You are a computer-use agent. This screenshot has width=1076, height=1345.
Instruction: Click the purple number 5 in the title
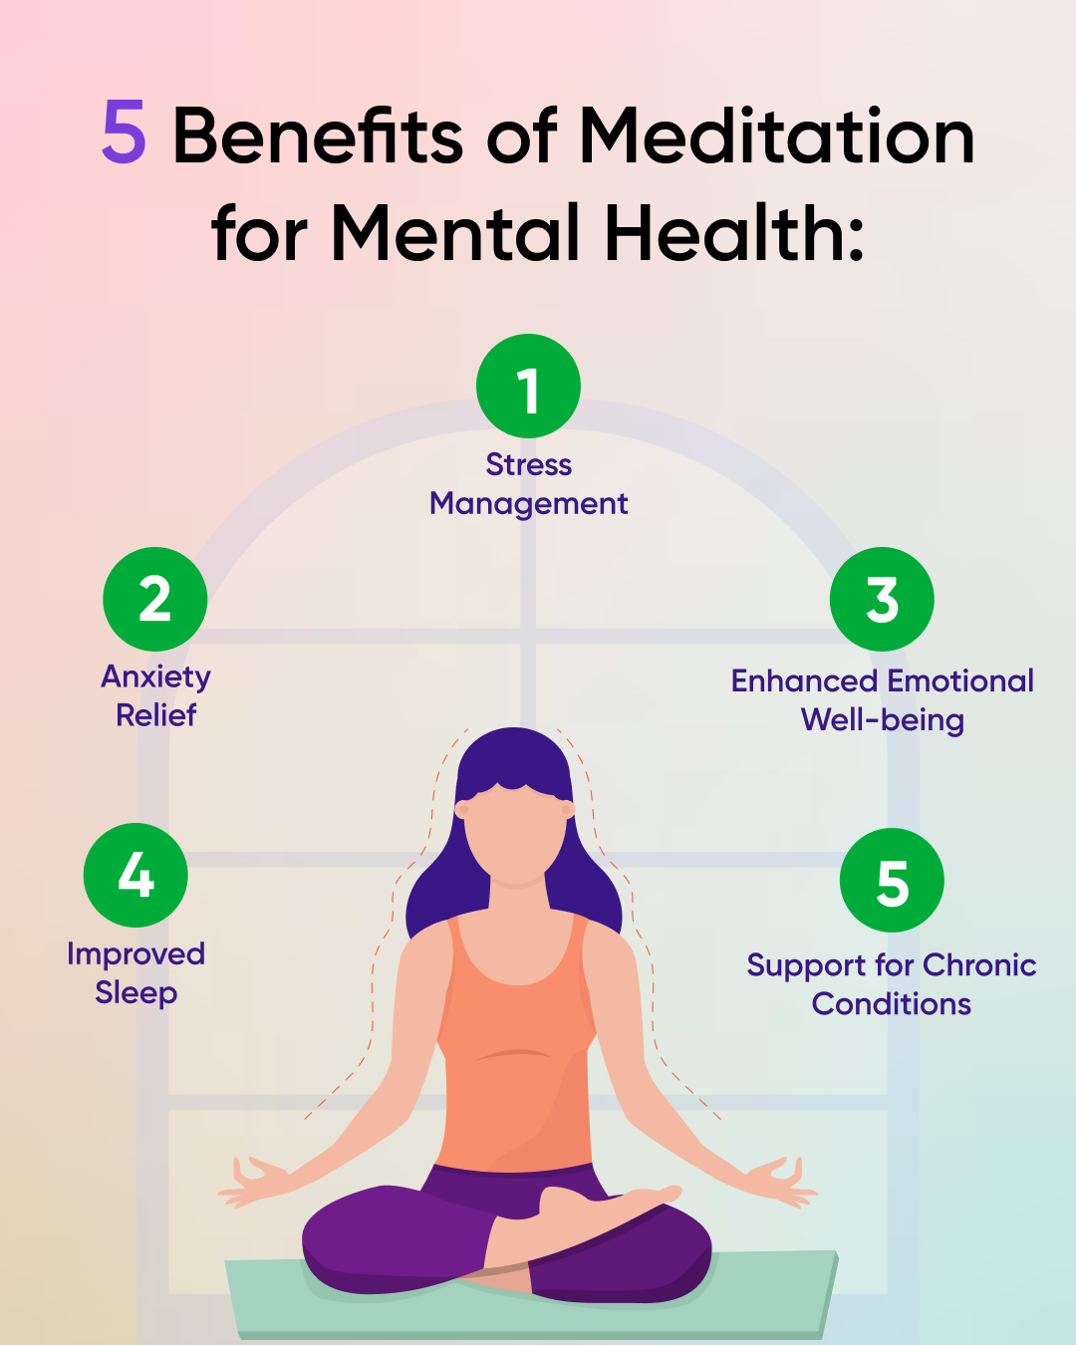click(125, 134)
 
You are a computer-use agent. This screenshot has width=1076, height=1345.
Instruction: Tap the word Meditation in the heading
click(777, 136)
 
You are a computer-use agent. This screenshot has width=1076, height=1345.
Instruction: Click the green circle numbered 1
click(528, 387)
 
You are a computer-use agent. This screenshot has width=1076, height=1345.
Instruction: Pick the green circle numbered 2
click(154, 599)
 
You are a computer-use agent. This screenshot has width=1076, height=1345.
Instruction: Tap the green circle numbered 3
click(882, 599)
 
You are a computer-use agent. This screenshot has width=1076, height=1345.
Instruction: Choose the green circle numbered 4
click(135, 875)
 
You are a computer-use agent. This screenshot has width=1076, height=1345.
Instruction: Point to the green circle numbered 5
click(892, 881)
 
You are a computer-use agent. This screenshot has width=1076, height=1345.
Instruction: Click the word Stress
click(528, 465)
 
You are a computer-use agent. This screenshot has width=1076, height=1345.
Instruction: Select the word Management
click(528, 504)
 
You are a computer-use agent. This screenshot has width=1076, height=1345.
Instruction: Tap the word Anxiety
click(155, 677)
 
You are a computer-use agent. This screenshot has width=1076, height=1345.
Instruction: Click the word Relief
click(155, 715)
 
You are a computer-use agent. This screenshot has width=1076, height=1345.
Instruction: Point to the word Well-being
click(882, 720)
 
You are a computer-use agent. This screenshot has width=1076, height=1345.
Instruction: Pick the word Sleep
click(135, 993)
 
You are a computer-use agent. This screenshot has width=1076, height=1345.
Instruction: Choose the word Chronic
click(979, 965)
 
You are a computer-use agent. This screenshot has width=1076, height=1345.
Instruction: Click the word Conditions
click(891, 1004)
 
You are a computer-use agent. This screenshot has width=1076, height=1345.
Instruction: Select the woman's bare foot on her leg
click(608, 1201)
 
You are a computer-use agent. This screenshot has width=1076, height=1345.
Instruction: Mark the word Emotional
click(960, 681)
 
